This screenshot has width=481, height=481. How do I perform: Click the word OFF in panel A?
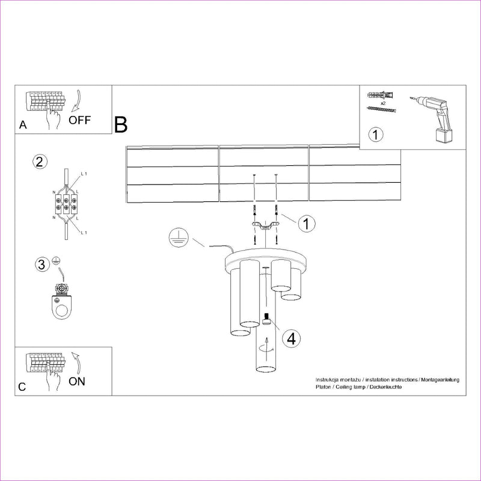(x=79, y=120)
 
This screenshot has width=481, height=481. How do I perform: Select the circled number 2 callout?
(x=40, y=162)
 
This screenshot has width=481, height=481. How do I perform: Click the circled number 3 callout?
(x=41, y=264)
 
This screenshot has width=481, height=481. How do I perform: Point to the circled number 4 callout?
(x=291, y=339)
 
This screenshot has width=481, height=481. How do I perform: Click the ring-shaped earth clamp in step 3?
(x=61, y=309)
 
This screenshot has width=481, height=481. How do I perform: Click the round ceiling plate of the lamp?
(x=265, y=259)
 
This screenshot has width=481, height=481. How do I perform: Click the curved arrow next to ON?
(x=76, y=361)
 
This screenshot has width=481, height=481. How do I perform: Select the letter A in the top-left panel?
(x=23, y=126)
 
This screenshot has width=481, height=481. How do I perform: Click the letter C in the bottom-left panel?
(x=22, y=387)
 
